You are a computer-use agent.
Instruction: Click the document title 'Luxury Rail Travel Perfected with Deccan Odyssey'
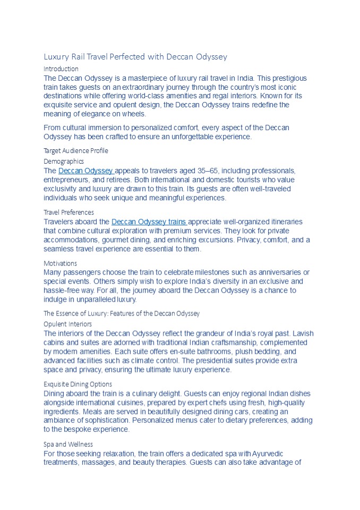click(x=135, y=56)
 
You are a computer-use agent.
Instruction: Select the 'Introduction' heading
click(x=61, y=69)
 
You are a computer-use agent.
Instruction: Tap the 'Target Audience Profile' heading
click(x=75, y=150)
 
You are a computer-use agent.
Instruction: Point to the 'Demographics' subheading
click(x=64, y=161)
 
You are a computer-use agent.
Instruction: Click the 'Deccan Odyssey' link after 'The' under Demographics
click(x=86, y=171)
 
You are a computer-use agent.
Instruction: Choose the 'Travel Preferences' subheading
click(x=68, y=212)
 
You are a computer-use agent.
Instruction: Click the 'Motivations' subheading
click(x=60, y=263)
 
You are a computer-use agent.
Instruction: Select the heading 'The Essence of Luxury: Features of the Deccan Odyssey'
click(x=122, y=313)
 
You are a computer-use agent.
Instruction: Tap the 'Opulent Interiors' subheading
click(x=67, y=324)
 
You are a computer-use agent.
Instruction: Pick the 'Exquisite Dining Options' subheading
click(x=78, y=384)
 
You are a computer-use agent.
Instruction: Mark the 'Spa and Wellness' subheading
click(x=68, y=444)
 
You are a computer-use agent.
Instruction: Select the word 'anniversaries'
click(x=279, y=272)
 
